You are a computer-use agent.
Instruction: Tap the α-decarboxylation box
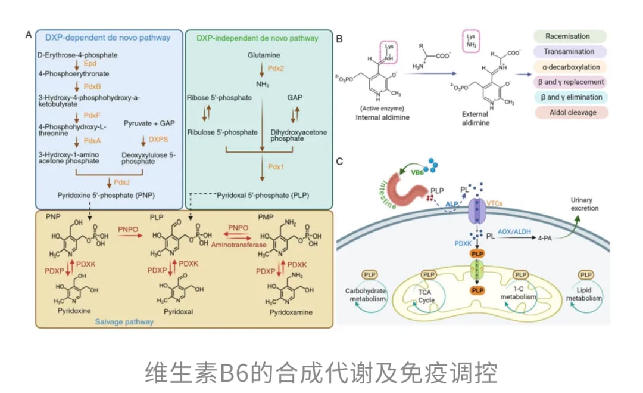(570, 67)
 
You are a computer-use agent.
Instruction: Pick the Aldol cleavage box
(570, 112)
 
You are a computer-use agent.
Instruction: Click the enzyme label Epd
(90, 63)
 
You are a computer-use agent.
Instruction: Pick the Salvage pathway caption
(124, 322)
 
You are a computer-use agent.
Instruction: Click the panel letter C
(339, 161)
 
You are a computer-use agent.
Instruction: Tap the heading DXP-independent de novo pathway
(257, 38)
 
